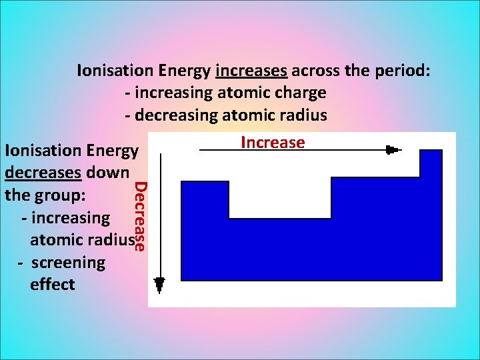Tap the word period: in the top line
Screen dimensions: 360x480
400,70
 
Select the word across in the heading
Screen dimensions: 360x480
317,70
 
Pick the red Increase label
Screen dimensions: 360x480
273,143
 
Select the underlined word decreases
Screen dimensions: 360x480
43,173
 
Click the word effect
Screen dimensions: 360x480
53,285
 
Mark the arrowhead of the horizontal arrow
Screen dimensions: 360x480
392,150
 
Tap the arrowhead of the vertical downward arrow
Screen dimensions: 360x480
159,285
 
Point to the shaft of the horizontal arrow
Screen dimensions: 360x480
293,151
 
